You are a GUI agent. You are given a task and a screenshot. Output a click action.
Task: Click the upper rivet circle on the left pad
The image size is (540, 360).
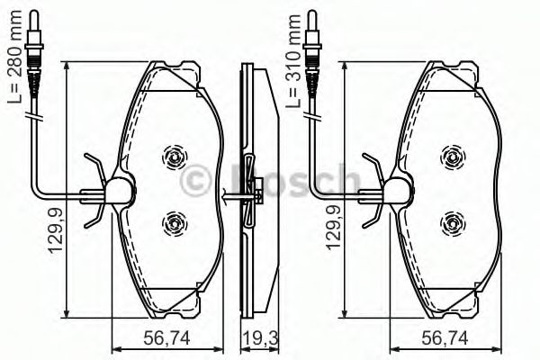point(174,157)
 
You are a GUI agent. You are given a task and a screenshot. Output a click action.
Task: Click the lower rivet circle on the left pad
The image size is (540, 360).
point(174,220)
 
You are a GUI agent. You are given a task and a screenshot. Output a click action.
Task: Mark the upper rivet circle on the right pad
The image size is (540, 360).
point(453,157)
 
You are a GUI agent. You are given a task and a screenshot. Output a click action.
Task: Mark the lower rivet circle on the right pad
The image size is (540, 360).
point(453,220)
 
